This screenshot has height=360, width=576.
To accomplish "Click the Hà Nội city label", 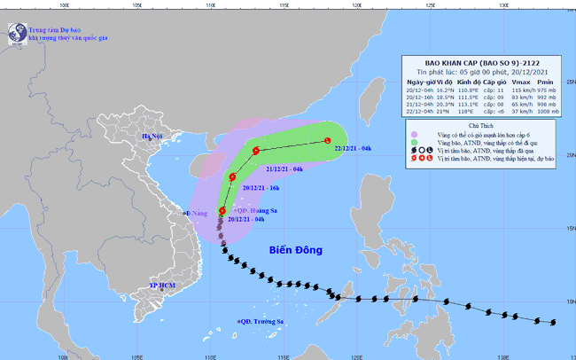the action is tap(154, 136).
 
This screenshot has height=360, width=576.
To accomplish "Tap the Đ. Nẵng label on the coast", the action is tap(196, 214).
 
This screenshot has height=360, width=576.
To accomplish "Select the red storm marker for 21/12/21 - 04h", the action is tap(255, 151).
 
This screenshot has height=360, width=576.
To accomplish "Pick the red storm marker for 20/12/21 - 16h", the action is tap(232, 177).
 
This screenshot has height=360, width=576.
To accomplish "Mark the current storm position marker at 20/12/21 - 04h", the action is tap(222, 210).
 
